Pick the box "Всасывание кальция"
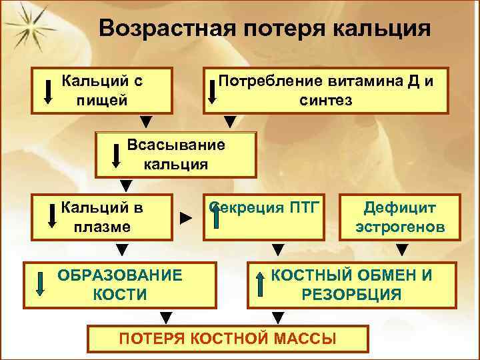pyautogui.click(x=176, y=154)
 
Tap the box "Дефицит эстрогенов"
pyautogui.click(x=400, y=216)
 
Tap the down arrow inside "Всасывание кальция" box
pyautogui.click(x=116, y=154)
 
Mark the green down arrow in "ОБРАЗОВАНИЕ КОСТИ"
pyautogui.click(x=40, y=284)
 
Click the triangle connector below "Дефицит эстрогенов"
pyautogui.click(x=402, y=251)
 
